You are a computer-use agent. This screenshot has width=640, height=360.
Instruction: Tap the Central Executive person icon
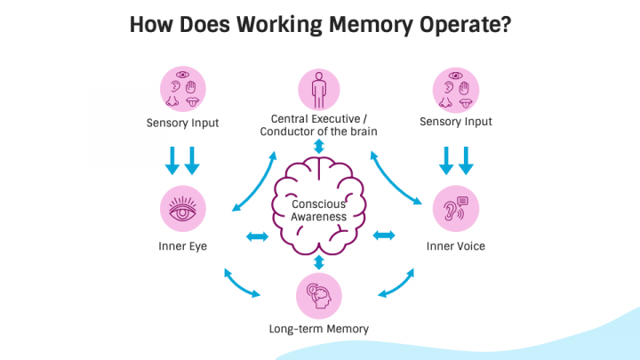[319, 90]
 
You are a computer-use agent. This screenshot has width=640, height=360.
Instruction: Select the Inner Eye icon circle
[183, 211]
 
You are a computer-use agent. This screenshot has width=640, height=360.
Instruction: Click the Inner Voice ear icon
[455, 211]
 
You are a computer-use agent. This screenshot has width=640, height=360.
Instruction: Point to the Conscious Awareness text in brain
[319, 211]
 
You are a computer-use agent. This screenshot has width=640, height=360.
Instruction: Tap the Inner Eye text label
[183, 245]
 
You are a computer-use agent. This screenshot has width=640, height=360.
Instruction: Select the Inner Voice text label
[455, 245]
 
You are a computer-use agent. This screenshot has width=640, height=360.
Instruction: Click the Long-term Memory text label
[319, 329]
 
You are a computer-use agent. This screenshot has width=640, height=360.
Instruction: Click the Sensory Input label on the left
[183, 122]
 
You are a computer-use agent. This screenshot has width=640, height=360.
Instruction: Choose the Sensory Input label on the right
[455, 122]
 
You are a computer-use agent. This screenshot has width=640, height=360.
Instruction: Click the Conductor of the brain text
[319, 132]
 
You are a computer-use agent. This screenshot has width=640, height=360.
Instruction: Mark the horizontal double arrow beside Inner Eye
[256, 236]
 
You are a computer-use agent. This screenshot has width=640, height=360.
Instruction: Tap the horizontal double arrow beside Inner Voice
[384, 236]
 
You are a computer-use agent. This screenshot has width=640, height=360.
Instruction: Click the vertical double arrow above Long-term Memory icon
[319, 262]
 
